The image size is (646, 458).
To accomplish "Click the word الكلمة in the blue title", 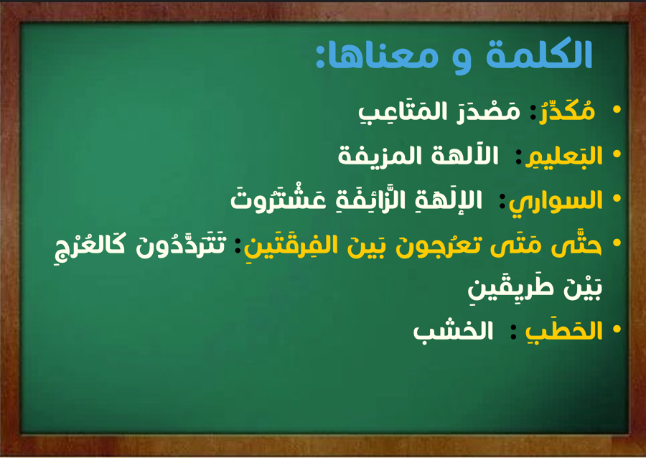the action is click(539, 54).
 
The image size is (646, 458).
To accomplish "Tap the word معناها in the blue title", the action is click(380, 57).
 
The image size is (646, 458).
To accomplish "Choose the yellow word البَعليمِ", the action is click(564, 156).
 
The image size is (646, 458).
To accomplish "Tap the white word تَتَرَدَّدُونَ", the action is click(181, 245).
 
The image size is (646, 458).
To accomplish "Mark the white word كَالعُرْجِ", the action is click(90, 247).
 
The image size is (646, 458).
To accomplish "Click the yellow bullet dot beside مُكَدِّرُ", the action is click(617, 110).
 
